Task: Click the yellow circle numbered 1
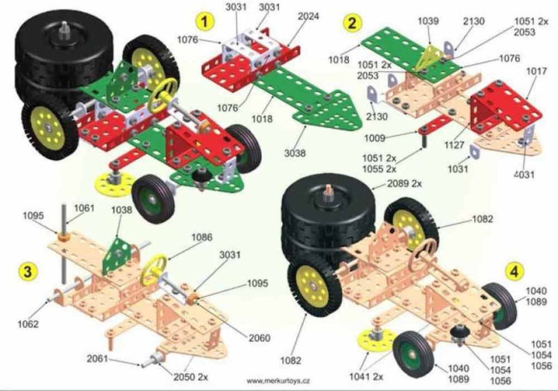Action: click(205, 22)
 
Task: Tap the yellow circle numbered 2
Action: click(352, 23)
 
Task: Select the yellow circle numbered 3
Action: click(27, 271)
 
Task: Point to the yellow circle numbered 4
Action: click(514, 271)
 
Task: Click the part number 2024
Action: click(309, 16)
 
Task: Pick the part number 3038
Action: click(295, 152)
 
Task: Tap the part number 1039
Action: click(428, 21)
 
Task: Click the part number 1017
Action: click(536, 71)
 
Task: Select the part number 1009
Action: click(375, 138)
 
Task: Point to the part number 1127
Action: click(454, 145)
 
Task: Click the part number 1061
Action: click(84, 208)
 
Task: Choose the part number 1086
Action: click(202, 237)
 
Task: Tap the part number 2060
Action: click(259, 338)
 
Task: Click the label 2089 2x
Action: click(404, 184)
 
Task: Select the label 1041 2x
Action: click(366, 376)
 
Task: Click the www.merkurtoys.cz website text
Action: click(278, 381)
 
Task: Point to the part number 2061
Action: click(97, 359)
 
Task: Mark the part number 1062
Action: click(28, 324)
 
